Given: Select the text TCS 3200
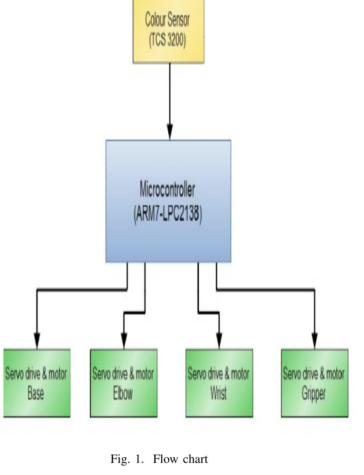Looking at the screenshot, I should [x=168, y=39].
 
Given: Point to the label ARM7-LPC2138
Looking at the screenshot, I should [x=168, y=214].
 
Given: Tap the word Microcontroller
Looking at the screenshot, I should [x=167, y=189].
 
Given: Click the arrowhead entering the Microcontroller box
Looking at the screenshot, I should [x=170, y=132].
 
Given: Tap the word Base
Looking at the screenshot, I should [x=36, y=394].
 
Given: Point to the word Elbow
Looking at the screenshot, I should [x=123, y=394].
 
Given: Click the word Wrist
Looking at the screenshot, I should [x=219, y=394].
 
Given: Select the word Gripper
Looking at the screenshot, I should [x=314, y=394].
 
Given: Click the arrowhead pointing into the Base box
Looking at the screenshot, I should [x=37, y=340].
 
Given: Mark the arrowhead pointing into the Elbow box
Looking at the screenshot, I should [x=124, y=340].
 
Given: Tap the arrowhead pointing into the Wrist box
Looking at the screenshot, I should [x=219, y=340].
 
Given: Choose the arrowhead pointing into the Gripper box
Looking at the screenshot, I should [x=314, y=340].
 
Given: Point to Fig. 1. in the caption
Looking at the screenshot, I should [x=127, y=459].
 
